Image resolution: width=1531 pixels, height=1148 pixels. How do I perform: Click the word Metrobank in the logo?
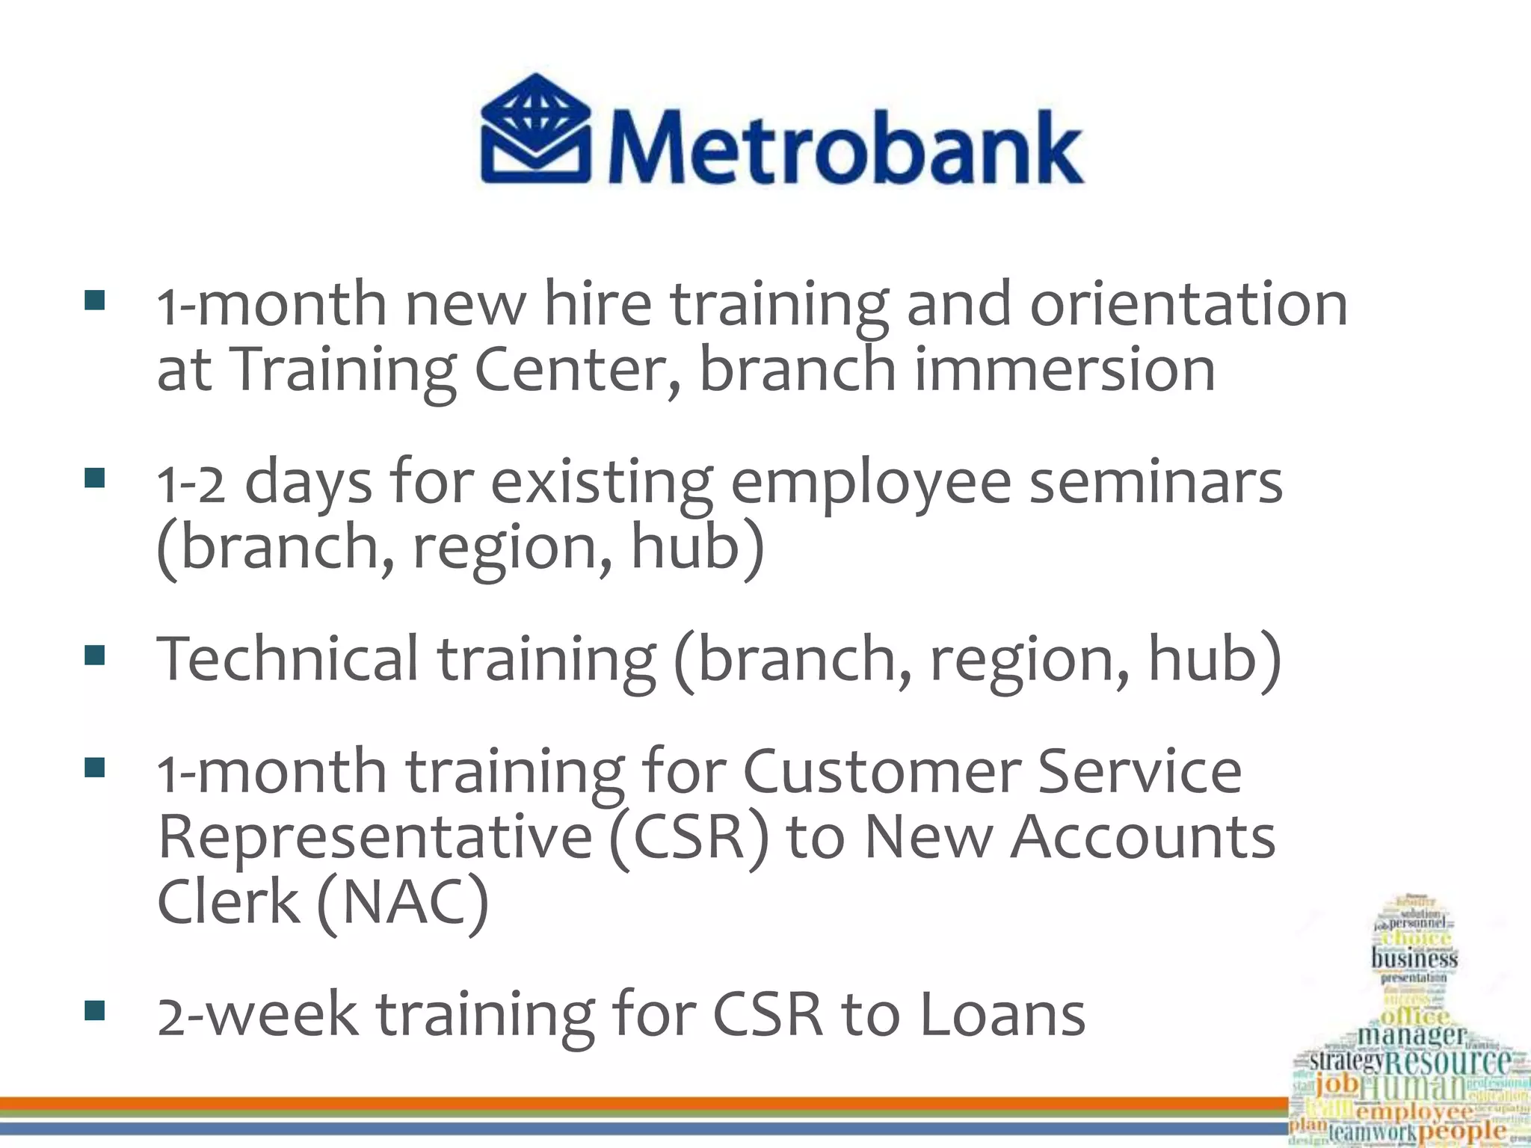click(845, 146)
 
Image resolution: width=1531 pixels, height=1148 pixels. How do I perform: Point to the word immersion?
click(1065, 369)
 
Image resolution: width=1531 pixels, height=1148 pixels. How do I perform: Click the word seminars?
click(1156, 482)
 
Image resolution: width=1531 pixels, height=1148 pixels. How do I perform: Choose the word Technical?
click(287, 658)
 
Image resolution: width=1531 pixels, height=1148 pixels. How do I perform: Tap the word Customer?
click(879, 771)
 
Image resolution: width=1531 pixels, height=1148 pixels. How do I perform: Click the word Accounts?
click(1143, 836)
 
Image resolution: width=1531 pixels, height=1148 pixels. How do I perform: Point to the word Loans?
click(1002, 1014)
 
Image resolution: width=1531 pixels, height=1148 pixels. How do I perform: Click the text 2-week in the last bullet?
click(257, 1014)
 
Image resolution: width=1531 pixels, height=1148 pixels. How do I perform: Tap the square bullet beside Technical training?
click(95, 655)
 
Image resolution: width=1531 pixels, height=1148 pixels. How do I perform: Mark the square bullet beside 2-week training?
click(95, 1011)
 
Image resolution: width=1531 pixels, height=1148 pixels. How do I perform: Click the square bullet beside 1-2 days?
click(95, 478)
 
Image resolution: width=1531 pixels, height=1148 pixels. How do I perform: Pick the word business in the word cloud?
click(1414, 957)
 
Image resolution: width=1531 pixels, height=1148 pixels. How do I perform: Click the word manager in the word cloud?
click(1411, 1035)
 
